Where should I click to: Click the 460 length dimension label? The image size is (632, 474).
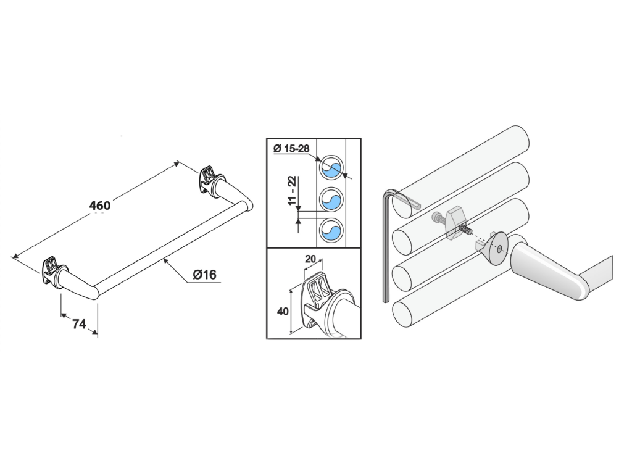coord(99,206)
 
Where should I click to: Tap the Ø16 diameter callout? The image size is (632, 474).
coord(204,275)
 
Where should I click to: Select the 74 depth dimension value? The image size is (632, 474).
coord(79,323)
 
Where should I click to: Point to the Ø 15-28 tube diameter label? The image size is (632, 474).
coord(291,149)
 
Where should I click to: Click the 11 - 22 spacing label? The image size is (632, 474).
coord(292,191)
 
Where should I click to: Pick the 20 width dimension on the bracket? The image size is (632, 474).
coord(310,259)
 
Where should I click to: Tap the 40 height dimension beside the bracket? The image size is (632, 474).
coord(283,311)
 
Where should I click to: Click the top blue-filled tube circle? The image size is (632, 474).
coord(331,167)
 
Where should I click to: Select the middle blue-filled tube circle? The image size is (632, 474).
coord(331,199)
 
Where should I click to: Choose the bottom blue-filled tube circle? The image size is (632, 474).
coord(331,231)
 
